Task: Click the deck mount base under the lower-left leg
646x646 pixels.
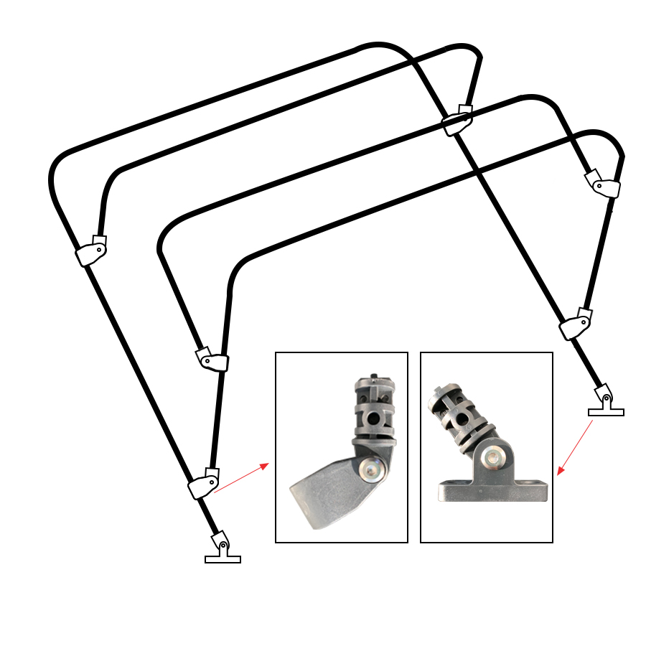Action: [223, 559]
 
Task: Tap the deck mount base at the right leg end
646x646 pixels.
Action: [606, 412]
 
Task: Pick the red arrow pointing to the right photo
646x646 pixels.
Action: [575, 448]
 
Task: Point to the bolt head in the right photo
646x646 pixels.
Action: [494, 457]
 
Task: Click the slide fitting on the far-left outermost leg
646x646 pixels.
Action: [92, 251]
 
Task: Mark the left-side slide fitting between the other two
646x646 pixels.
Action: [212, 360]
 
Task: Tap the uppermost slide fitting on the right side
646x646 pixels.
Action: [604, 184]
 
